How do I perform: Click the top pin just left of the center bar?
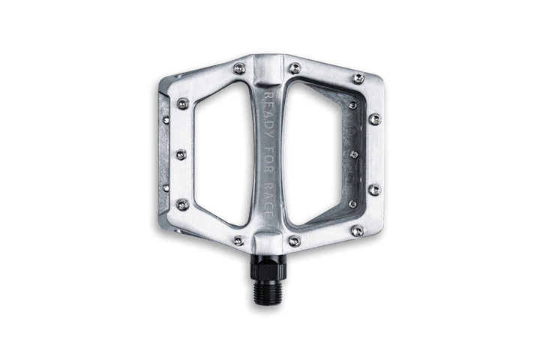click(239, 68)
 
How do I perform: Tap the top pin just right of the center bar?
click(295, 68)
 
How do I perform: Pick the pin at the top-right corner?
click(358, 78)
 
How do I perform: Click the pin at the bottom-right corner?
click(358, 230)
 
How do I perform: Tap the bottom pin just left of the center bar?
click(239, 241)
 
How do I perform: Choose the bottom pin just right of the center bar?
click(295, 241)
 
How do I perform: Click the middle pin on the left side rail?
click(181, 154)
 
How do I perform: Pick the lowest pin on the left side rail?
click(181, 204)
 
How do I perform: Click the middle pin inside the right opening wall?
click(352, 154)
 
